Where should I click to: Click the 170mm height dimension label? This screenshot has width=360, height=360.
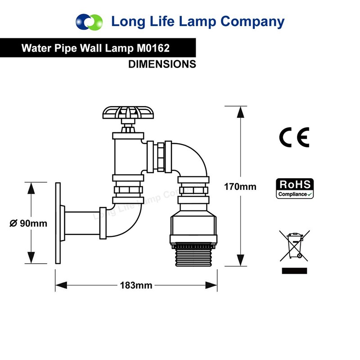coord(240,187)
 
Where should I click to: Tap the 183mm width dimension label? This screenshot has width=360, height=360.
coord(136,285)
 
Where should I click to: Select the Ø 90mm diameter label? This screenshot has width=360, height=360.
coord(28,223)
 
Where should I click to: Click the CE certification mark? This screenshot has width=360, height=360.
coord(294,137)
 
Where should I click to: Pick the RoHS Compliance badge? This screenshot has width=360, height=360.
coord(295,189)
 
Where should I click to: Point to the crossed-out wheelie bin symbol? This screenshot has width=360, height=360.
coord(295,246)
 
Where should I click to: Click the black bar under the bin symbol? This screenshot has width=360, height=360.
coord(294,271)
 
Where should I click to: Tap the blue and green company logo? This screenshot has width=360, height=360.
coord(89,22)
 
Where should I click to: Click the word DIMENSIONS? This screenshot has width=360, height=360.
coord(162,64)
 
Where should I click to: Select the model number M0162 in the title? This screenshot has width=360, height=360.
coord(153,48)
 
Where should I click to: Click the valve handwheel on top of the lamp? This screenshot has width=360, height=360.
coord(128,112)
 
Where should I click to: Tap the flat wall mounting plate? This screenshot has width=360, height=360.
coord(58,223)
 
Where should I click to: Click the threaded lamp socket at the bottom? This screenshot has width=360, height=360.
coord(193,254)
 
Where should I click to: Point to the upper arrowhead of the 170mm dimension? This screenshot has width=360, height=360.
coord(240,112)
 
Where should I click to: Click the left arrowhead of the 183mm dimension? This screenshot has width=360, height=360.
coord(61,285)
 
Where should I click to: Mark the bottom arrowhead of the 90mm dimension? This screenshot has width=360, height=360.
coord(31,257)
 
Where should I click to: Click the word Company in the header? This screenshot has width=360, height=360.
coord(252,22)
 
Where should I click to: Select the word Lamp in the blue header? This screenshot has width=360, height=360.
coord(197,22)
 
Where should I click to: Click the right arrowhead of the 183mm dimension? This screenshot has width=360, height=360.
coord(211,285)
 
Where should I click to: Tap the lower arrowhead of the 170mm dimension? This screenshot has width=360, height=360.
coord(240,261)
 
